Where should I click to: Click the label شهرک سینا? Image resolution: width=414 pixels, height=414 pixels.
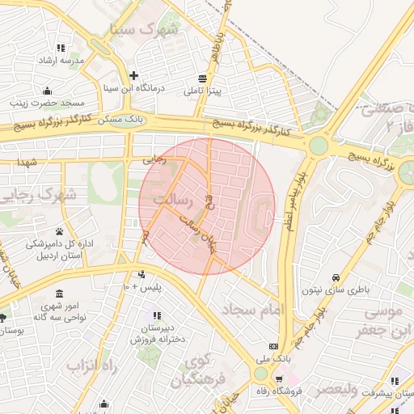click(146, 29)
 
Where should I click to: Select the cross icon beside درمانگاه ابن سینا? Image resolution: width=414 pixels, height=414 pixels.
click(133, 74)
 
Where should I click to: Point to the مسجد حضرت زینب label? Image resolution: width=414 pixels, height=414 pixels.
click(47, 103)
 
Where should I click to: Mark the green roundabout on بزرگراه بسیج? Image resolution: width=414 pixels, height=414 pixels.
click(318, 146)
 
